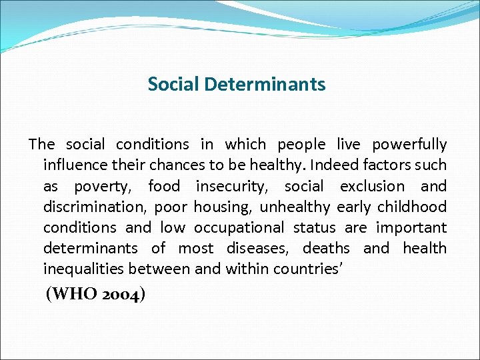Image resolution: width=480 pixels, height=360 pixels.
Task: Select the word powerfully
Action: point(409,144)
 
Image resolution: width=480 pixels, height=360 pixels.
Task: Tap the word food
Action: point(164,186)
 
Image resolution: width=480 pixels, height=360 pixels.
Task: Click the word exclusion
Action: point(372,186)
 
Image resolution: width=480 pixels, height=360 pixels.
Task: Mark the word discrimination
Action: point(93,207)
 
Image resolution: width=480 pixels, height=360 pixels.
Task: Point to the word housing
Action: point(221,207)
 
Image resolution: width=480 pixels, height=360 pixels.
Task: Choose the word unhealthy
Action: point(295,207)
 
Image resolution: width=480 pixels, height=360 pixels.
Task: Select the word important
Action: point(411,228)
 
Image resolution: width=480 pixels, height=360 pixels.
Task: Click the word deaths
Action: point(326,249)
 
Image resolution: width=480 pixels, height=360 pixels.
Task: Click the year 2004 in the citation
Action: point(120,294)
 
